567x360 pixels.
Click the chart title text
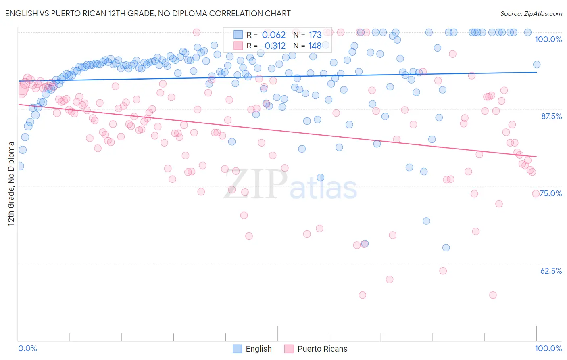tap(148, 13)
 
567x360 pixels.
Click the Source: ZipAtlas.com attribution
tap(531, 13)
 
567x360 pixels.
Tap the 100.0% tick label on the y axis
tap(548, 39)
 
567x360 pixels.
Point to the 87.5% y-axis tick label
tap(551, 116)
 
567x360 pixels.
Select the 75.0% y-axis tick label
tap(551, 193)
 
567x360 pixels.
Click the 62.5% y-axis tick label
tap(551, 271)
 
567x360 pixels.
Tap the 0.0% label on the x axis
tap(27, 348)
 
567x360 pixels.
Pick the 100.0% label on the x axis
tap(548, 348)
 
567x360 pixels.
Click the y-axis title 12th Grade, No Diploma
tap(11, 184)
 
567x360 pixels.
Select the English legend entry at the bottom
tap(252, 349)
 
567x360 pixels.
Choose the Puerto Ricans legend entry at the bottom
tap(316, 349)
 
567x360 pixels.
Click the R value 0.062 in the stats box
tap(274, 35)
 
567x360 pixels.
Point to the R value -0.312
tap(273, 46)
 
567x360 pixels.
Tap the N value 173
tap(315, 35)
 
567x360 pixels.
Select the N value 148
tap(315, 46)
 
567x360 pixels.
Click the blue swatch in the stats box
tap(238, 35)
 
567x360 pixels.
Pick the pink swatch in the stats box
tap(238, 46)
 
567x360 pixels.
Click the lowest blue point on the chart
tap(446, 248)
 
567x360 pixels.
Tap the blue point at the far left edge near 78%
tap(20, 166)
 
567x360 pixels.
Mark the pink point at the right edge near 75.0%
tap(536, 194)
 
